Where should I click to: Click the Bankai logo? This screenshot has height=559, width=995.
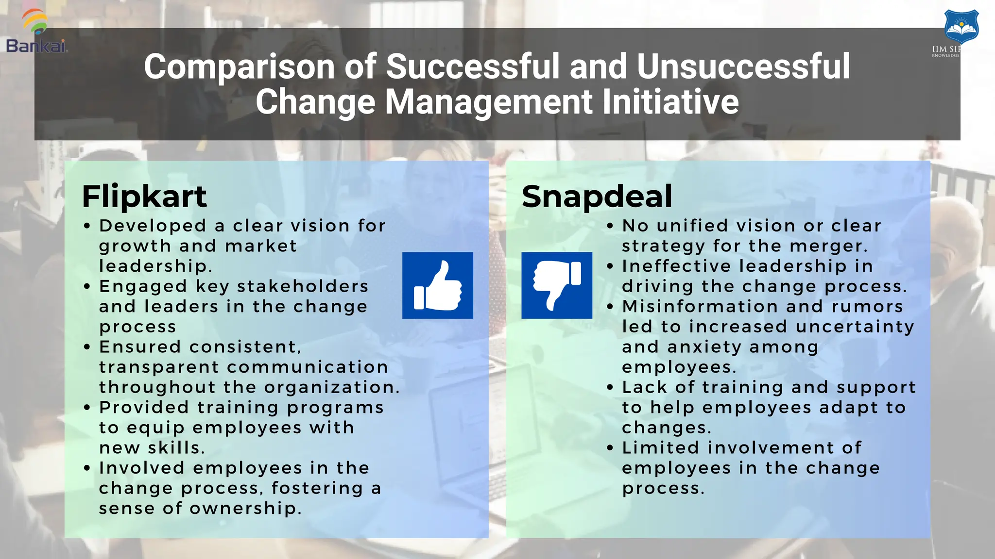pos(36,32)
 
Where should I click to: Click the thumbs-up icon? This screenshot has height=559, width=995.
pos(437,285)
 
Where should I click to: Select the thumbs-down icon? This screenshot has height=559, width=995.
pos(557,285)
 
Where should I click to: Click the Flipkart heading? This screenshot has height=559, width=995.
pos(144,197)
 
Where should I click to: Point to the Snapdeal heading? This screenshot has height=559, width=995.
pos(597,197)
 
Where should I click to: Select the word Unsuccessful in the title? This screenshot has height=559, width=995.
pos(743,66)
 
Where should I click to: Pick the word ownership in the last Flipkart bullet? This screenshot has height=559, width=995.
pos(245,509)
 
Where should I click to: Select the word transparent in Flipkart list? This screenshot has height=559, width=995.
pos(159,367)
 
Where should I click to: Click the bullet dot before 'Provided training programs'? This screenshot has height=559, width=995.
pos(87,408)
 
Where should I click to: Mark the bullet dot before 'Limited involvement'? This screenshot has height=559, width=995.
pos(610,448)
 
